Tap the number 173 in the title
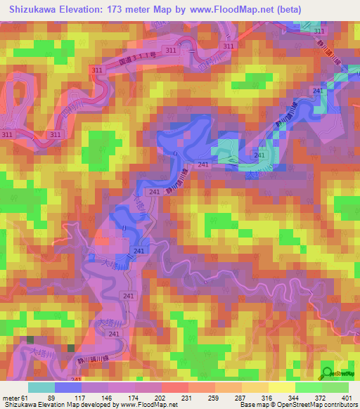[x=136, y=10]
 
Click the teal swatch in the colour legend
[x=41, y=388]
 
